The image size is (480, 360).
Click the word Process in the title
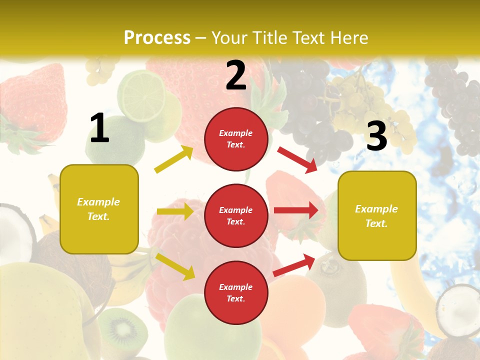point(157,37)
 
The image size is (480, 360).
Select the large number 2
point(236,75)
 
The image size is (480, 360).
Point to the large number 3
point(376,136)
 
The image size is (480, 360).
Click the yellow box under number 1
point(99,209)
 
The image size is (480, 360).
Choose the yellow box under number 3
point(377,215)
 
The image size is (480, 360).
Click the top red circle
point(236,138)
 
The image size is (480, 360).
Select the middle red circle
point(236,215)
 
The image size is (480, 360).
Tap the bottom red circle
point(236,292)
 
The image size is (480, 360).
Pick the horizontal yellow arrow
point(175,211)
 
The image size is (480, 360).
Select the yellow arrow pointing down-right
point(175,266)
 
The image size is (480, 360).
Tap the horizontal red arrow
point(296,210)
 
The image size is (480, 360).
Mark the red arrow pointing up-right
point(294,265)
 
